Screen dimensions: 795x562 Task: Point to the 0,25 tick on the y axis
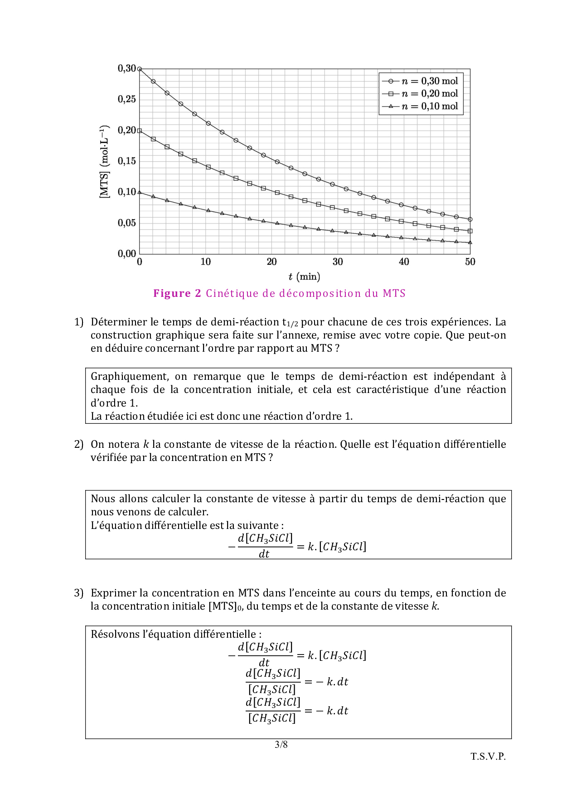pyautogui.click(x=127, y=99)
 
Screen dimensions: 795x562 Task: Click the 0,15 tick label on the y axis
pyautogui.click(x=127, y=161)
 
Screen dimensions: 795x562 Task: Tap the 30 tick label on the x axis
pyautogui.click(x=338, y=262)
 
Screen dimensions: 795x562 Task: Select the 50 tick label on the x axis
pyautogui.click(x=470, y=262)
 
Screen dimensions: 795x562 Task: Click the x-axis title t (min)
pyautogui.click(x=304, y=276)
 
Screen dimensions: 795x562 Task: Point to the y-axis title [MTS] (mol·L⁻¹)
pyautogui.click(x=105, y=161)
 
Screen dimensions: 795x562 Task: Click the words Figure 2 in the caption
pyautogui.click(x=177, y=294)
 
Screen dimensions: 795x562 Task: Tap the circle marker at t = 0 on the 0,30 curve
pyautogui.click(x=140, y=69)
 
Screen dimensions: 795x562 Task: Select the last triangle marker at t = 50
pyautogui.click(x=470, y=242)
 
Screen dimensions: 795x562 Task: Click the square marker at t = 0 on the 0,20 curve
pyautogui.click(x=140, y=131)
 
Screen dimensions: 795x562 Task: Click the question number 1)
pyautogui.click(x=79, y=322)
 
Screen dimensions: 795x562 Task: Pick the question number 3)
pyautogui.click(x=79, y=593)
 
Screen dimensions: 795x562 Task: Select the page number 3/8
pyautogui.click(x=281, y=745)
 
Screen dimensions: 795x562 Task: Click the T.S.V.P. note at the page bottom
pyautogui.click(x=488, y=756)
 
